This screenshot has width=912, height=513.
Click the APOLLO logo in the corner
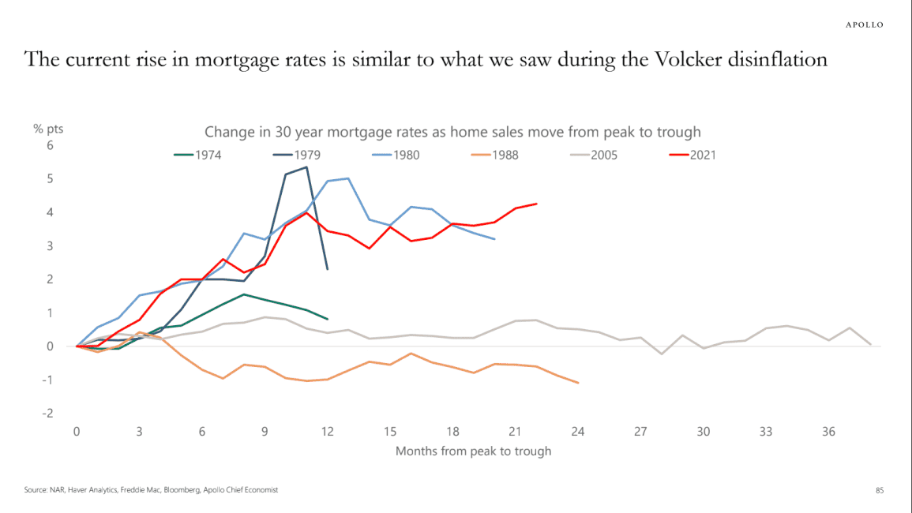tap(864, 24)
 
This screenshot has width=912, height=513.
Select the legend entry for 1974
tap(197, 155)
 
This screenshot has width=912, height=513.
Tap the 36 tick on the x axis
tap(828, 432)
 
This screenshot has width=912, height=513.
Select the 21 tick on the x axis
tap(515, 432)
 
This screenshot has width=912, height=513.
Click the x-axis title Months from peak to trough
tap(473, 451)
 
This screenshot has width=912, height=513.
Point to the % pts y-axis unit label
tap(48, 129)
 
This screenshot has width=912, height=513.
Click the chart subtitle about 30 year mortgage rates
tap(452, 132)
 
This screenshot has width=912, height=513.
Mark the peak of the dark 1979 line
tap(306, 167)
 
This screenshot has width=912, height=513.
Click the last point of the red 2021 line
tap(536, 204)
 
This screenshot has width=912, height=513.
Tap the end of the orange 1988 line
tap(578, 383)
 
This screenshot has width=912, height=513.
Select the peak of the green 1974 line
tap(244, 294)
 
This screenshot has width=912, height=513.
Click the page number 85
tap(880, 490)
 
